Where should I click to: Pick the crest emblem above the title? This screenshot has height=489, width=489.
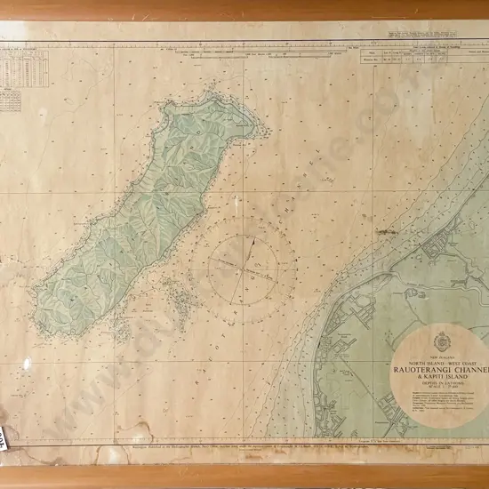(x=441, y=341)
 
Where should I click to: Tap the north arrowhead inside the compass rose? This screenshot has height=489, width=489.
(x=252, y=240)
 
